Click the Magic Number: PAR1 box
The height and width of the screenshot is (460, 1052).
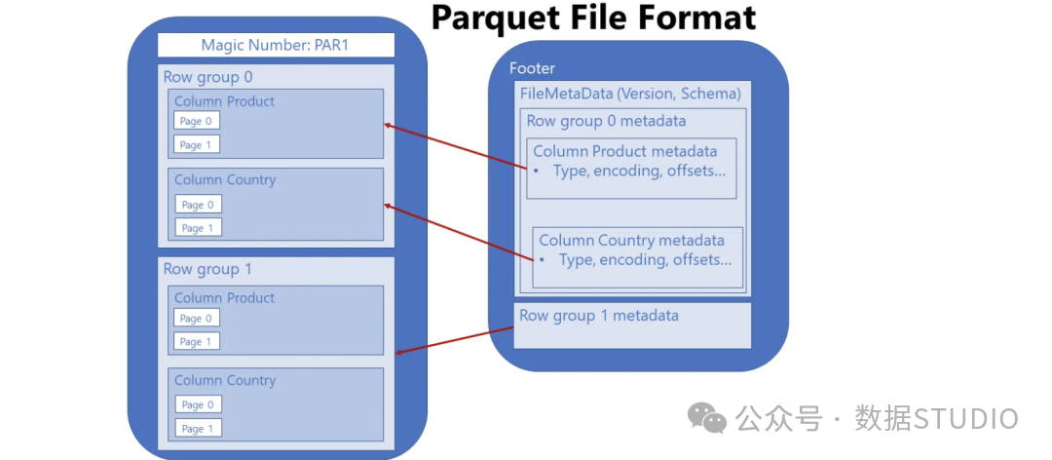tap(276, 45)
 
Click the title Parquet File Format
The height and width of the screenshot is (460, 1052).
tap(593, 18)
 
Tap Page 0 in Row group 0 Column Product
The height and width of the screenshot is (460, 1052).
tap(197, 121)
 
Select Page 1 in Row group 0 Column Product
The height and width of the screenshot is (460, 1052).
tap(197, 144)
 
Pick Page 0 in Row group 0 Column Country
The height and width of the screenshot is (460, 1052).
tap(198, 205)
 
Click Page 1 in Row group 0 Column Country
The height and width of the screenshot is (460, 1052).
tap(198, 228)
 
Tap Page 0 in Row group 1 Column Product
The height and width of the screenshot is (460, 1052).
tap(197, 318)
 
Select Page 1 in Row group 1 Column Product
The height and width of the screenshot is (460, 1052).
tap(197, 341)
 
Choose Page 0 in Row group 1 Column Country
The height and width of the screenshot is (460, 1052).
tap(198, 404)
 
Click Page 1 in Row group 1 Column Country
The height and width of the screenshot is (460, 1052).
tap(198, 428)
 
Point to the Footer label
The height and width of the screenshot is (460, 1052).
tap(532, 68)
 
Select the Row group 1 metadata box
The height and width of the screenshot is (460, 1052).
tap(632, 326)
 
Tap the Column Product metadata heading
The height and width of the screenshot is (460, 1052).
tap(624, 151)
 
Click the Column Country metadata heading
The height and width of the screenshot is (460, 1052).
tap(631, 240)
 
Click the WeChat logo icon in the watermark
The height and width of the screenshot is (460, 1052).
tap(707, 418)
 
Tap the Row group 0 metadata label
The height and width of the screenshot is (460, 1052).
tap(606, 121)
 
